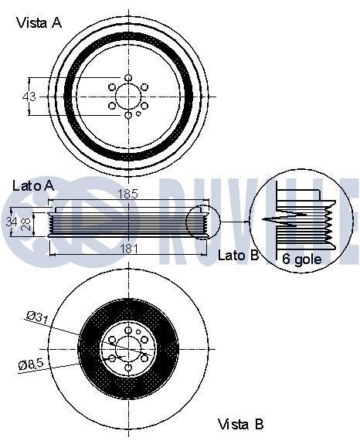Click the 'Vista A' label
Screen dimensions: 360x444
click(39, 23)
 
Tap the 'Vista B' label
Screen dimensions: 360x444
click(240, 424)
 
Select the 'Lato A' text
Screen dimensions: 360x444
click(33, 186)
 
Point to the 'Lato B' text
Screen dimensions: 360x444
click(239, 256)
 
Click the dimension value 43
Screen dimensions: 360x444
click(29, 97)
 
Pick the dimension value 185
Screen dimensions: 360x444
click(127, 194)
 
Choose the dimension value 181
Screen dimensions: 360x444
click(129, 249)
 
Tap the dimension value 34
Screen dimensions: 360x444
click(11, 222)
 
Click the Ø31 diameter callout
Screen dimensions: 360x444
click(38, 317)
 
